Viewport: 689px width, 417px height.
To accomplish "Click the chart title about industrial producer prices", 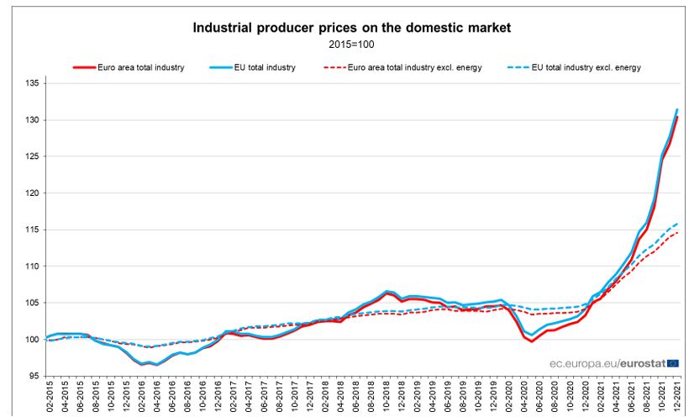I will click(352, 28).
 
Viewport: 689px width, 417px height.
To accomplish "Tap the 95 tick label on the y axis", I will click(30, 376).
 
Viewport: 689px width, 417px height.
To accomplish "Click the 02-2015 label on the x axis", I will click(48, 398).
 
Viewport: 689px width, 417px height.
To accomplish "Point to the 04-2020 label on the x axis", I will click(526, 398).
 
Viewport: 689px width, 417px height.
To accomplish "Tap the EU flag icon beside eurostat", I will click(672, 362).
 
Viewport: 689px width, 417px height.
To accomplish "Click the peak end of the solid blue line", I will click(677, 109).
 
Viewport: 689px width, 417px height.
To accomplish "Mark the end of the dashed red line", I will click(677, 233).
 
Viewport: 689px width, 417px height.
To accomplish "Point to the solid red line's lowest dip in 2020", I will click(532, 341).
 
